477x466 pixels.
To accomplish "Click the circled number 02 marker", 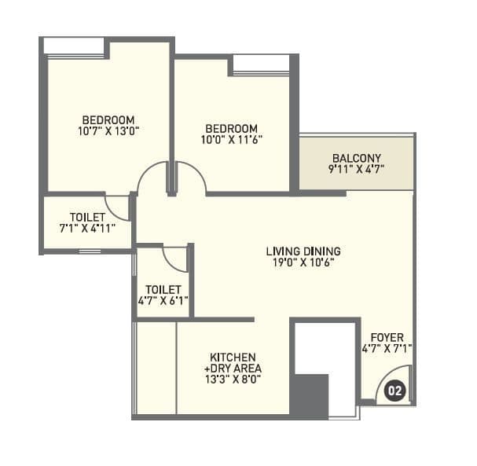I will coord(395,390).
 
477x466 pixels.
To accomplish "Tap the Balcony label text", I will coord(357,157).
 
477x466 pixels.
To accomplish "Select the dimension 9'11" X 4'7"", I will coord(357,169).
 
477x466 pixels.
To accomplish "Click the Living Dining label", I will coord(303,251).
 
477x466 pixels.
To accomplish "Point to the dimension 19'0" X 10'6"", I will coord(303,263).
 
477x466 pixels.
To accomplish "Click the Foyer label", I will coord(387,338).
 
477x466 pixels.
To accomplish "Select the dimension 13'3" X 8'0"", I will coord(232,379).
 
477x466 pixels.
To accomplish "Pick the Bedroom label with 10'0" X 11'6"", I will coord(232,128).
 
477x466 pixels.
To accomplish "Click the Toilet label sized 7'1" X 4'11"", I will coord(86,217).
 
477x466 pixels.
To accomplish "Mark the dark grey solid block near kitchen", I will coord(309,395).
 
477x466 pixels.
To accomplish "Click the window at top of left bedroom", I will coord(75,47).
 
